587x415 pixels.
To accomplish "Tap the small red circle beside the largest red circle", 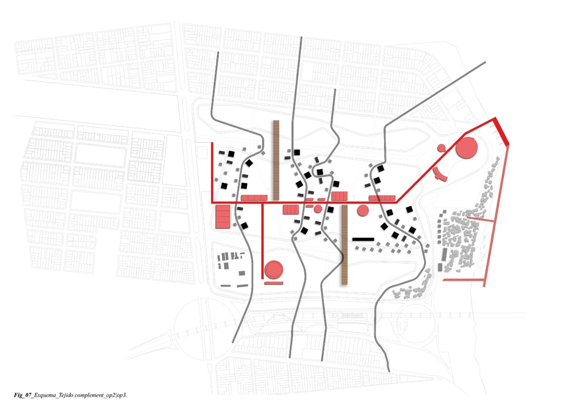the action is (x=441, y=148).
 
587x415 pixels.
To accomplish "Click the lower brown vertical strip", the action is (x=345, y=245).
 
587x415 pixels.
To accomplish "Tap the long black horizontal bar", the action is (x=363, y=238).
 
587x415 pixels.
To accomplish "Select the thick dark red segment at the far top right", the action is (x=502, y=131).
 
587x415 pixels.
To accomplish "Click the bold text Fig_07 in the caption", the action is (x=23, y=396).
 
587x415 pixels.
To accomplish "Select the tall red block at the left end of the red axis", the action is (x=222, y=217).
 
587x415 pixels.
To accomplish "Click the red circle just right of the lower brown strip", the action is (x=362, y=211).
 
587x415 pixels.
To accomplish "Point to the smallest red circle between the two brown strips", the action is (x=318, y=208).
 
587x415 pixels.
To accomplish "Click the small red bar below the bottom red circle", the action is (x=274, y=282).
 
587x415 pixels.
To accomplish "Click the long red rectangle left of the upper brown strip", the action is (x=255, y=198).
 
